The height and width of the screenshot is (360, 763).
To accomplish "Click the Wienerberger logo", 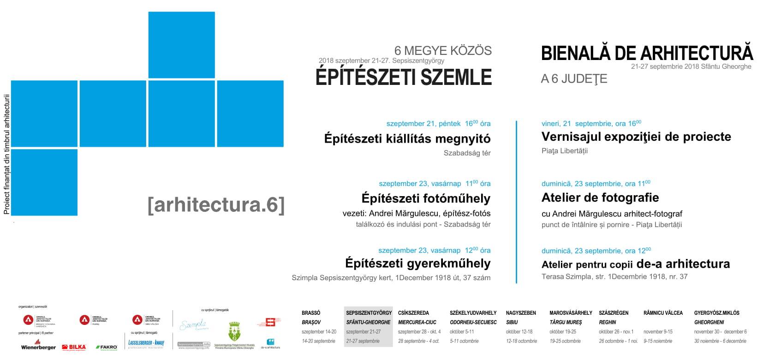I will click(38, 346).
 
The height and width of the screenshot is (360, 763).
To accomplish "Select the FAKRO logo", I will click(106, 347).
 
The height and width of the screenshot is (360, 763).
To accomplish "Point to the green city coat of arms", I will click(233, 332).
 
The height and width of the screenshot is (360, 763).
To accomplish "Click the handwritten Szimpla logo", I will click(192, 325).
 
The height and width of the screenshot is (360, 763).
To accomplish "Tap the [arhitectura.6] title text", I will click(216, 205).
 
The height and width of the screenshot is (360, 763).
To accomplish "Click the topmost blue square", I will click(181, 45).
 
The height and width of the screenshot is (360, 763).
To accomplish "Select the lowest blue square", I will click(44, 182).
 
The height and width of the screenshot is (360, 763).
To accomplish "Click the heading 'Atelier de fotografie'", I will click(600, 198).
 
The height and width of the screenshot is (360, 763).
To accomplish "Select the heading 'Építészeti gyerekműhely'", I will click(417, 264).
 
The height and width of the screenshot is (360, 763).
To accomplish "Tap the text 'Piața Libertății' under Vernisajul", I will click(565, 151).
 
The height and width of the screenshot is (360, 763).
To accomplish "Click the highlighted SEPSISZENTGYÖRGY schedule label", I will click(369, 312).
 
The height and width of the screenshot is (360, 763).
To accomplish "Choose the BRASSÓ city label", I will click(311, 312).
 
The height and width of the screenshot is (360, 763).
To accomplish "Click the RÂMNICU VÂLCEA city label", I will click(663, 312).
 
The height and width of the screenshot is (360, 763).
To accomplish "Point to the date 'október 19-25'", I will click(562, 331).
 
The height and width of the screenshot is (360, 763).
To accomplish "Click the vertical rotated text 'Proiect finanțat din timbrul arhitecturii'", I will click(6, 154).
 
